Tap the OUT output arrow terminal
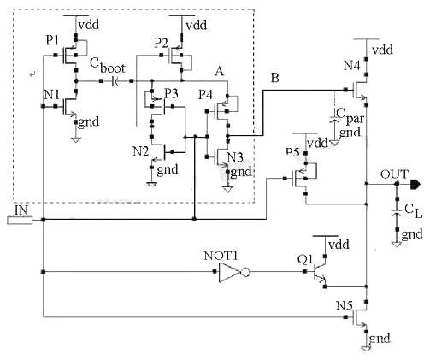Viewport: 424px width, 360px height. tap(414, 183)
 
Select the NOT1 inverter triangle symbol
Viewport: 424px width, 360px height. tap(232, 274)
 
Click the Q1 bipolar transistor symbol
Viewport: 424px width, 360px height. tap(319, 274)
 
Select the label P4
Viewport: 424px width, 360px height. tap(205, 92)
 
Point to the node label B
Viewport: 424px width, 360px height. tap(274, 78)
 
